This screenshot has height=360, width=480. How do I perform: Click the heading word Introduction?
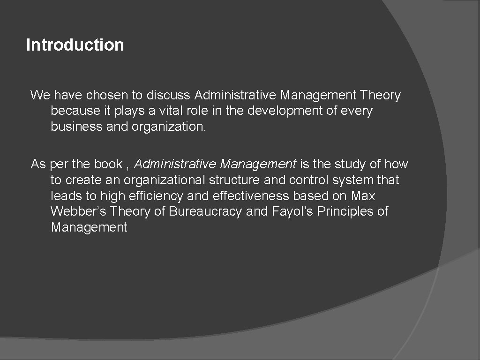[75, 45]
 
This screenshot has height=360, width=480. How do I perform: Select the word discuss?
[168, 95]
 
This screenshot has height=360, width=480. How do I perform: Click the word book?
[108, 164]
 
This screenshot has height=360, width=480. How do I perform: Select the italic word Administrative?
[175, 164]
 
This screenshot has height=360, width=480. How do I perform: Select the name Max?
[363, 196]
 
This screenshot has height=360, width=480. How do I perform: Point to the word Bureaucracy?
[205, 212]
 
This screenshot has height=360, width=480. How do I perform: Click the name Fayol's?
[292, 212]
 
